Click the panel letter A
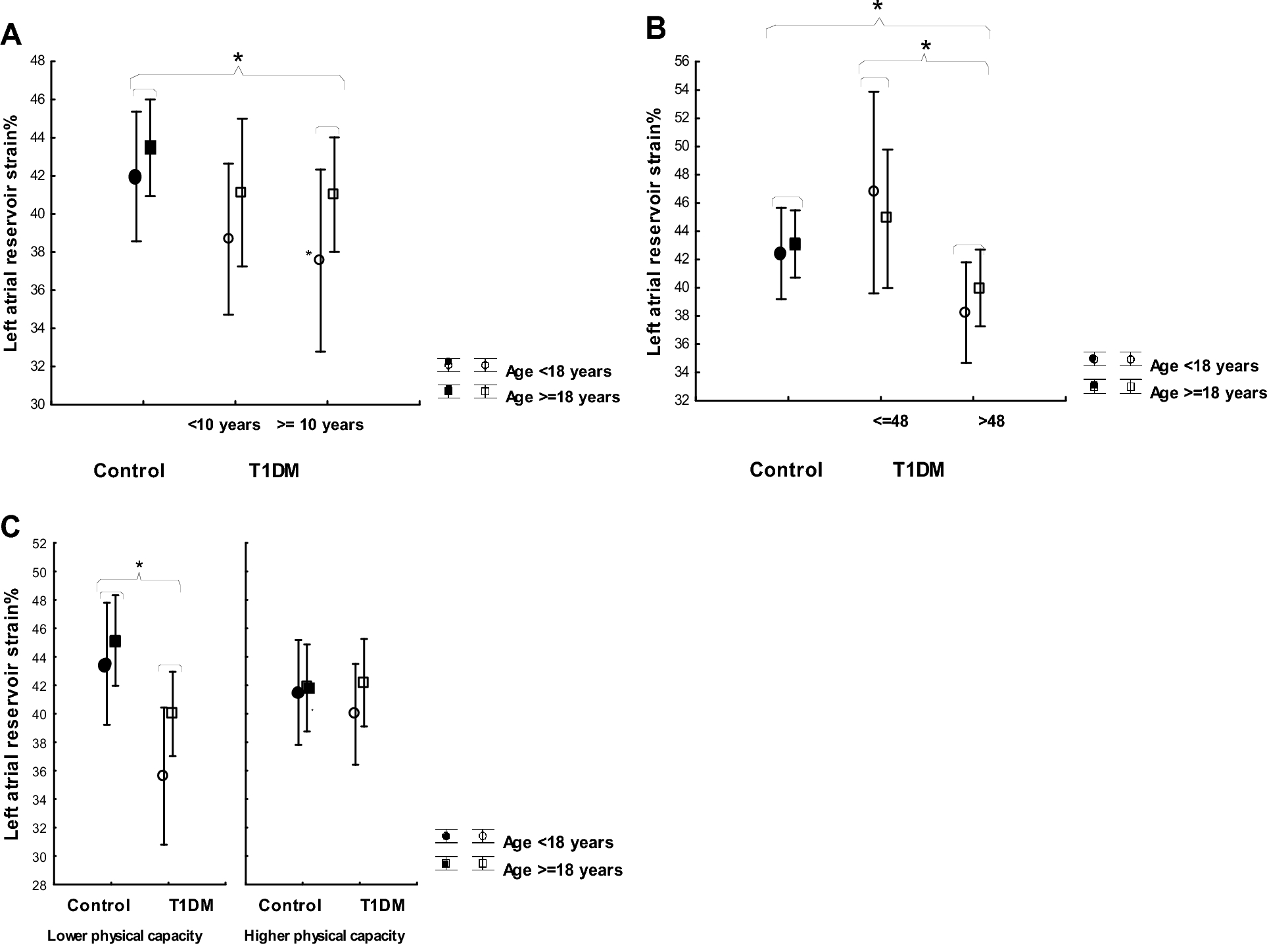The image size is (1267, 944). point(11,34)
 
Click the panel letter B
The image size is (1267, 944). point(656,28)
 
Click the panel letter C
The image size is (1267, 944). point(11,526)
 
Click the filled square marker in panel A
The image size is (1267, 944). point(150,147)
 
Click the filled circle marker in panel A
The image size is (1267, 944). point(135,177)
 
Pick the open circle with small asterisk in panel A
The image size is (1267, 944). point(319,260)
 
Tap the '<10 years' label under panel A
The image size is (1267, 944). point(224,425)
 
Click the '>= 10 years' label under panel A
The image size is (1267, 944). point(320,425)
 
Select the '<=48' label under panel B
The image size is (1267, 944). point(890,421)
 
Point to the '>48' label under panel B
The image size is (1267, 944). point(991,421)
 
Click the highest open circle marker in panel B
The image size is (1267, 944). point(873,191)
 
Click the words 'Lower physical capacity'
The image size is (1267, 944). point(125,935)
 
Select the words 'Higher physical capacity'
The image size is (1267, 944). point(324,935)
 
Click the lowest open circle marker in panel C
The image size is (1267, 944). point(162,776)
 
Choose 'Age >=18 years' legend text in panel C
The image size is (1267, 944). point(562,870)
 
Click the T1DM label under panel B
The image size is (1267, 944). point(918,470)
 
